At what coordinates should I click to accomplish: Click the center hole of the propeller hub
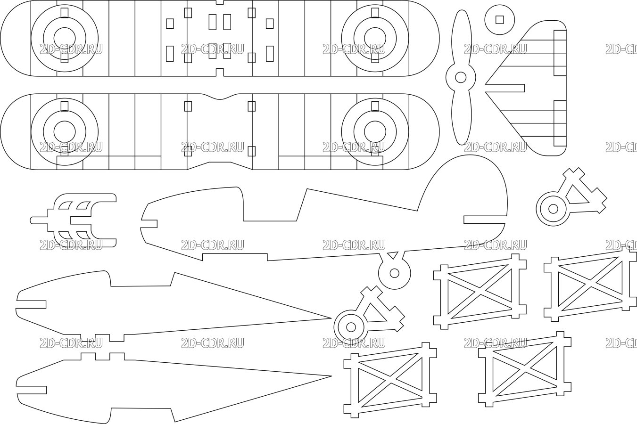461,77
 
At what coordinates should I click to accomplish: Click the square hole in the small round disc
500,20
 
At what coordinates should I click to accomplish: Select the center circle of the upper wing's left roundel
65,38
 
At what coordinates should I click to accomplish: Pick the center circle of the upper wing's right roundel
375,38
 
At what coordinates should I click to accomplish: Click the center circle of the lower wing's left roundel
65,132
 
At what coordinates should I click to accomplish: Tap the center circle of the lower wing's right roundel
375,132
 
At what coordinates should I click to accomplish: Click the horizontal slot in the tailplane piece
505,88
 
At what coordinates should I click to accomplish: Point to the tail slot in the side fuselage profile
485,220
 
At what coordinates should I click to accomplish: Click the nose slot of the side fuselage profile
149,224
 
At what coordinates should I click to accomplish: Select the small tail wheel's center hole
395,273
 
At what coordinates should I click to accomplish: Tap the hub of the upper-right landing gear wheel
553,209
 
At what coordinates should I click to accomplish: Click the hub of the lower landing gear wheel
351,327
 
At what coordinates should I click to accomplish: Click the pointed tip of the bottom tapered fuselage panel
331,376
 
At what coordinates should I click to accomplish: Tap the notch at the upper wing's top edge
220,2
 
